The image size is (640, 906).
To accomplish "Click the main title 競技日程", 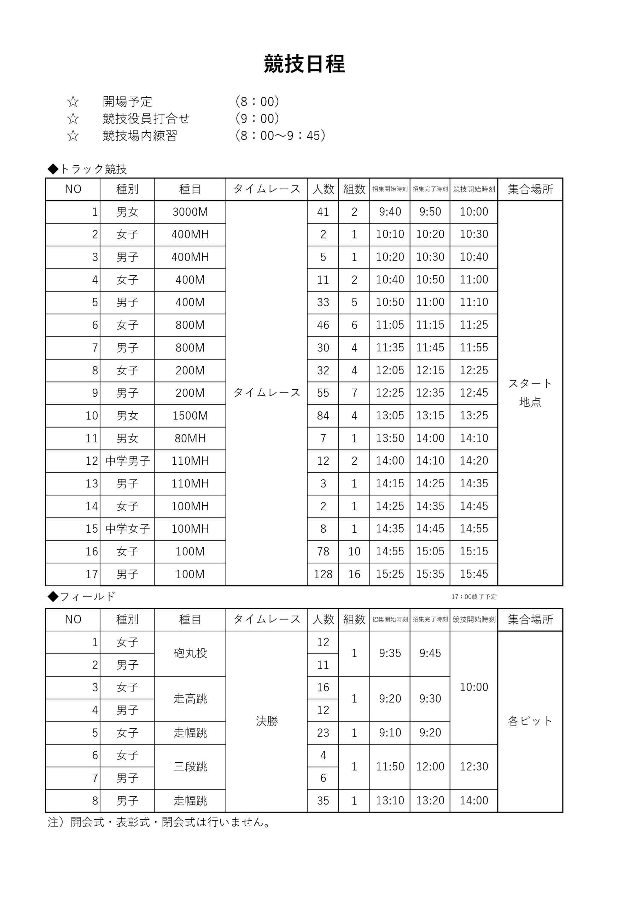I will coord(304,64).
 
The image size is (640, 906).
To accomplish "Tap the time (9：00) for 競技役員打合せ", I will coord(257,118).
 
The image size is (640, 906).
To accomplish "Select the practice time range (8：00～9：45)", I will coord(280,135).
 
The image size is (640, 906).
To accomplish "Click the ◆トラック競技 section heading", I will coord(87,169).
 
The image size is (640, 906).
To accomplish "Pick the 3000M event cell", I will coord(190,212).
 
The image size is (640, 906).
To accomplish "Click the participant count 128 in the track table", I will coord(323,574).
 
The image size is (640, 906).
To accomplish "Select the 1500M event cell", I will coord(190,415).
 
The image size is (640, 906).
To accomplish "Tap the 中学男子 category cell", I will coord(127,461).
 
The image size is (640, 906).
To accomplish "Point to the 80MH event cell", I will coord(190,438).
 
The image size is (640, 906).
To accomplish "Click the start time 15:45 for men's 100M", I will coord(473,574).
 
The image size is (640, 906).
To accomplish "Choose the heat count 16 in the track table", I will coord(354,574).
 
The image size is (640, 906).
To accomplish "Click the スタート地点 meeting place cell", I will coord(530,392).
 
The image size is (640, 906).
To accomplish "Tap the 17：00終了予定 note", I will coord(473,597).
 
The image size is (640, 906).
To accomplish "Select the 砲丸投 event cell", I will coord(190,653).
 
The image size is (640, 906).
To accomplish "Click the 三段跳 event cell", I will coord(190,767).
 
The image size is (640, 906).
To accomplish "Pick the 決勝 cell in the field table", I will coord(267,721).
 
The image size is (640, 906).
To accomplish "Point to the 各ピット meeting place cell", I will coord(530,721).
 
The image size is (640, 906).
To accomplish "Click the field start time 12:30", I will coord(473,767).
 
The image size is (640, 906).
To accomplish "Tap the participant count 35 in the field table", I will coord(323,801).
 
